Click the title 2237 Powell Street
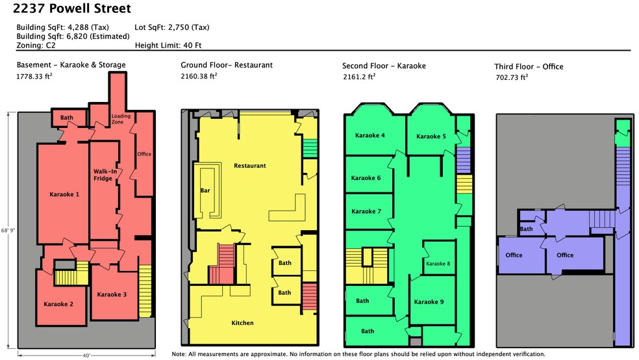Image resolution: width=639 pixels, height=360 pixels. [71, 8]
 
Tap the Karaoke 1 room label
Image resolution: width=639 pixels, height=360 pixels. [64, 194]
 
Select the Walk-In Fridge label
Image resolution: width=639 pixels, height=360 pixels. [105, 175]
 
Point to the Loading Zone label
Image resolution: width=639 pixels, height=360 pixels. [121, 119]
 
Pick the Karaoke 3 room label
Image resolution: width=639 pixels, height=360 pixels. [112, 294]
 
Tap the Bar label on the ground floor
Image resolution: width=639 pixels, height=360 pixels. [205, 190]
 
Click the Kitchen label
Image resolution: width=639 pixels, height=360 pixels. [242, 322]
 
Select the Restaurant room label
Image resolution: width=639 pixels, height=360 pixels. [250, 166]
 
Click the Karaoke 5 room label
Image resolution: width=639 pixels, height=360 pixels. [431, 136]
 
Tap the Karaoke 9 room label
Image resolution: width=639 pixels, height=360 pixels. [429, 302]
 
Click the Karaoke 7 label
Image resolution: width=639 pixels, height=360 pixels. [366, 211]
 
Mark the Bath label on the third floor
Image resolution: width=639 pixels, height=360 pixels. [526, 229]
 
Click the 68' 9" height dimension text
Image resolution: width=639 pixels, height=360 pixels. [8, 230]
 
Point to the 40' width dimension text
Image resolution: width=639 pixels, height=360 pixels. [86, 355]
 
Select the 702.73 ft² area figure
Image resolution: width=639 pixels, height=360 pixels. [512, 77]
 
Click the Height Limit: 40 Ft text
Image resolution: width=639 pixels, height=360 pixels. [168, 45]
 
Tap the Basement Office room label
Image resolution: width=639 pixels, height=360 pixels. [144, 154]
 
